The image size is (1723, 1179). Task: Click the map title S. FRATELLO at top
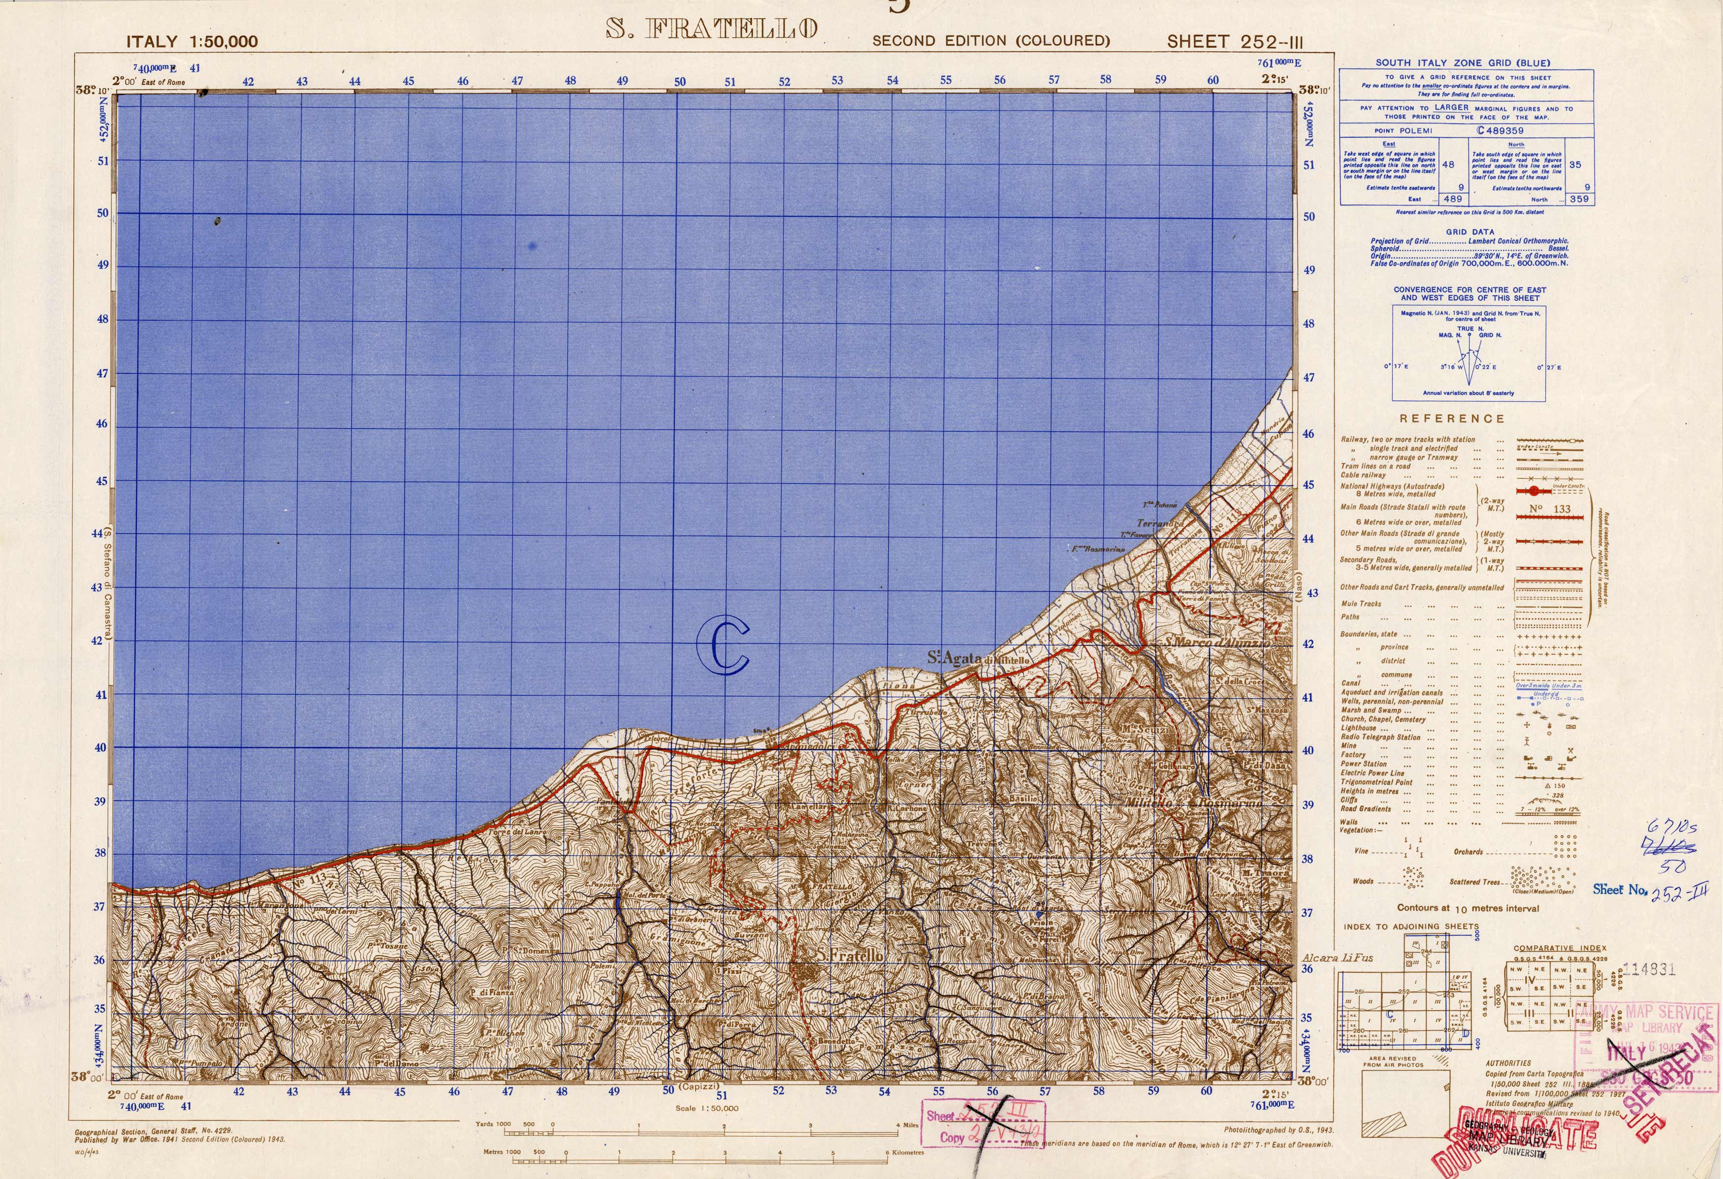712,29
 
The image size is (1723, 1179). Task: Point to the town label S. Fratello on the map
850,956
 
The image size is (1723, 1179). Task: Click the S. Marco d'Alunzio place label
1216,643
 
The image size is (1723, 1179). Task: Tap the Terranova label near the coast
1159,523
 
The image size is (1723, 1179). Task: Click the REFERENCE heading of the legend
1452,419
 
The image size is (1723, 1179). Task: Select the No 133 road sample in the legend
1550,509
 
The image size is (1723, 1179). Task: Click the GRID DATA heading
1469,232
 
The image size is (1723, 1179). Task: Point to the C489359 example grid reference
1500,130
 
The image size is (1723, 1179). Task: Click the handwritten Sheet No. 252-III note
1650,889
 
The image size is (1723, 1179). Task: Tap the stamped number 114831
1649,970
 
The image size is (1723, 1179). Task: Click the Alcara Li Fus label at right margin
1338,958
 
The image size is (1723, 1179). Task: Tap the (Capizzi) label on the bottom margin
701,1087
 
